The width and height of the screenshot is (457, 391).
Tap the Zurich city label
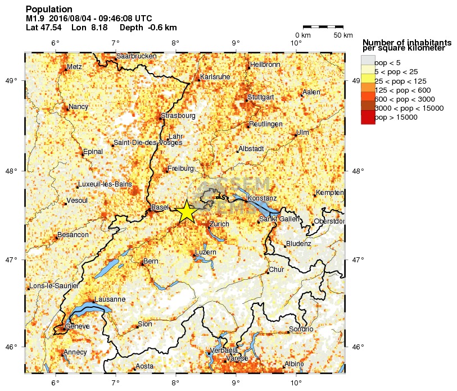coord(219,224)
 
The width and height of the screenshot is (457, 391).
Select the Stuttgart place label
coord(260,97)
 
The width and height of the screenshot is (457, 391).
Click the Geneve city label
coord(77,326)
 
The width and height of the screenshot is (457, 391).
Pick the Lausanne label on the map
coord(110,299)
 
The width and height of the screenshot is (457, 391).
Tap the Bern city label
coord(151,261)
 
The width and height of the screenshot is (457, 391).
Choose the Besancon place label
coord(73,235)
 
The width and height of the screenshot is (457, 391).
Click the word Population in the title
coord(49,10)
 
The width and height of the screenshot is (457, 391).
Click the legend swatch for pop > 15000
coord(368,117)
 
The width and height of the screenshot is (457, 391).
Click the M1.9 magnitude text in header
coord(35,19)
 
